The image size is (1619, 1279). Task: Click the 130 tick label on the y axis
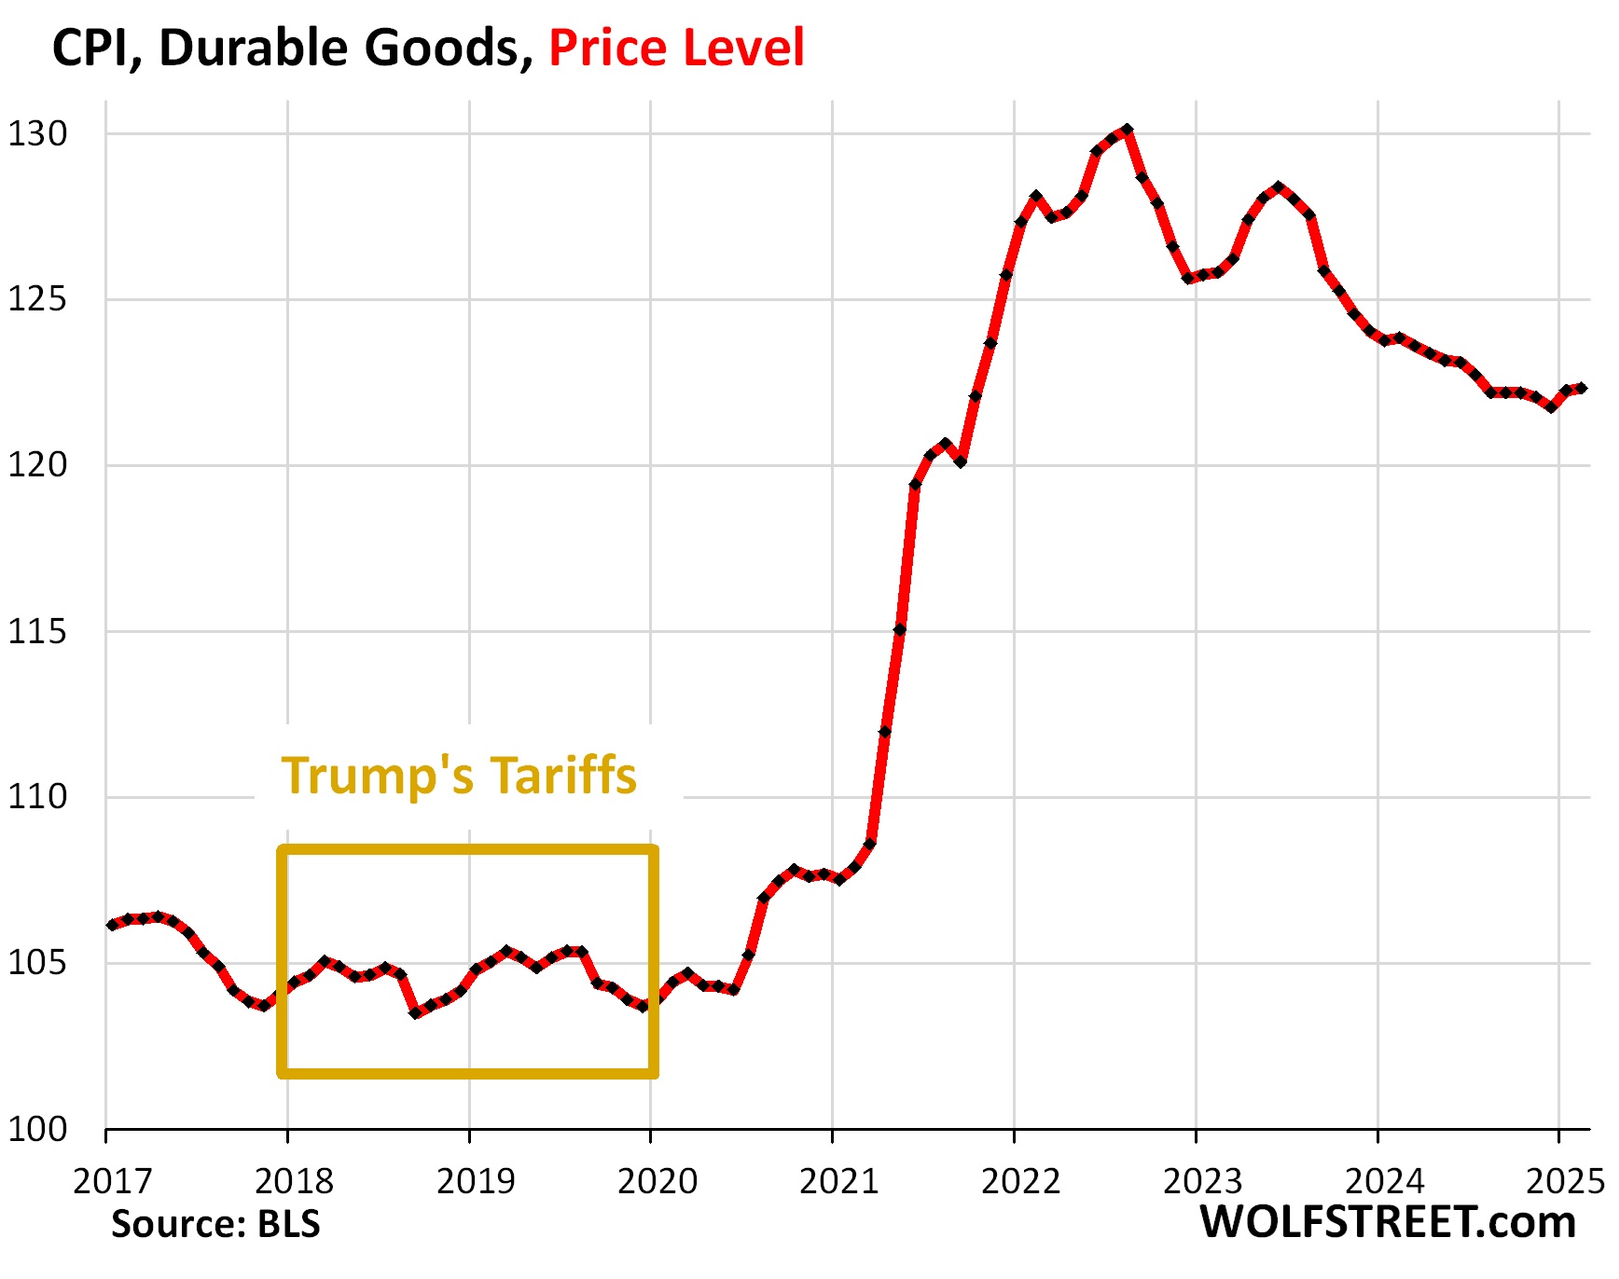38,134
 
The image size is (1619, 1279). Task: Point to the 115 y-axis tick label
38,632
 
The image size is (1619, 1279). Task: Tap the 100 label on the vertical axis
38,1130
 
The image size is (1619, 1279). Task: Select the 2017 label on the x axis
112,1181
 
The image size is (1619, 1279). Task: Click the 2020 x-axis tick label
657,1181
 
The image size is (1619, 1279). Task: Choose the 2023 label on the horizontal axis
1202,1181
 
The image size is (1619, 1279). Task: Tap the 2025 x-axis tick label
1564,1181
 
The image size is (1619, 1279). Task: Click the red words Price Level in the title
676,48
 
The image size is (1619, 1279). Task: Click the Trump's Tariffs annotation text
459,776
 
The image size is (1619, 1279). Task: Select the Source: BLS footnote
215,1224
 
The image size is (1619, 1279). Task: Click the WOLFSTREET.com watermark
1388,1222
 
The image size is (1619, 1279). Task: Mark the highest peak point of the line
1128,130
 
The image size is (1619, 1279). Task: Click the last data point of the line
1581,388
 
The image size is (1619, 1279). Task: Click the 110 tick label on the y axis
38,797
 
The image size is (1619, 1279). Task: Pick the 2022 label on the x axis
1021,1181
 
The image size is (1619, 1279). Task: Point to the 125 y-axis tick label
38,300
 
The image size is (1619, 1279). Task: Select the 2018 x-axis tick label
294,1181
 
